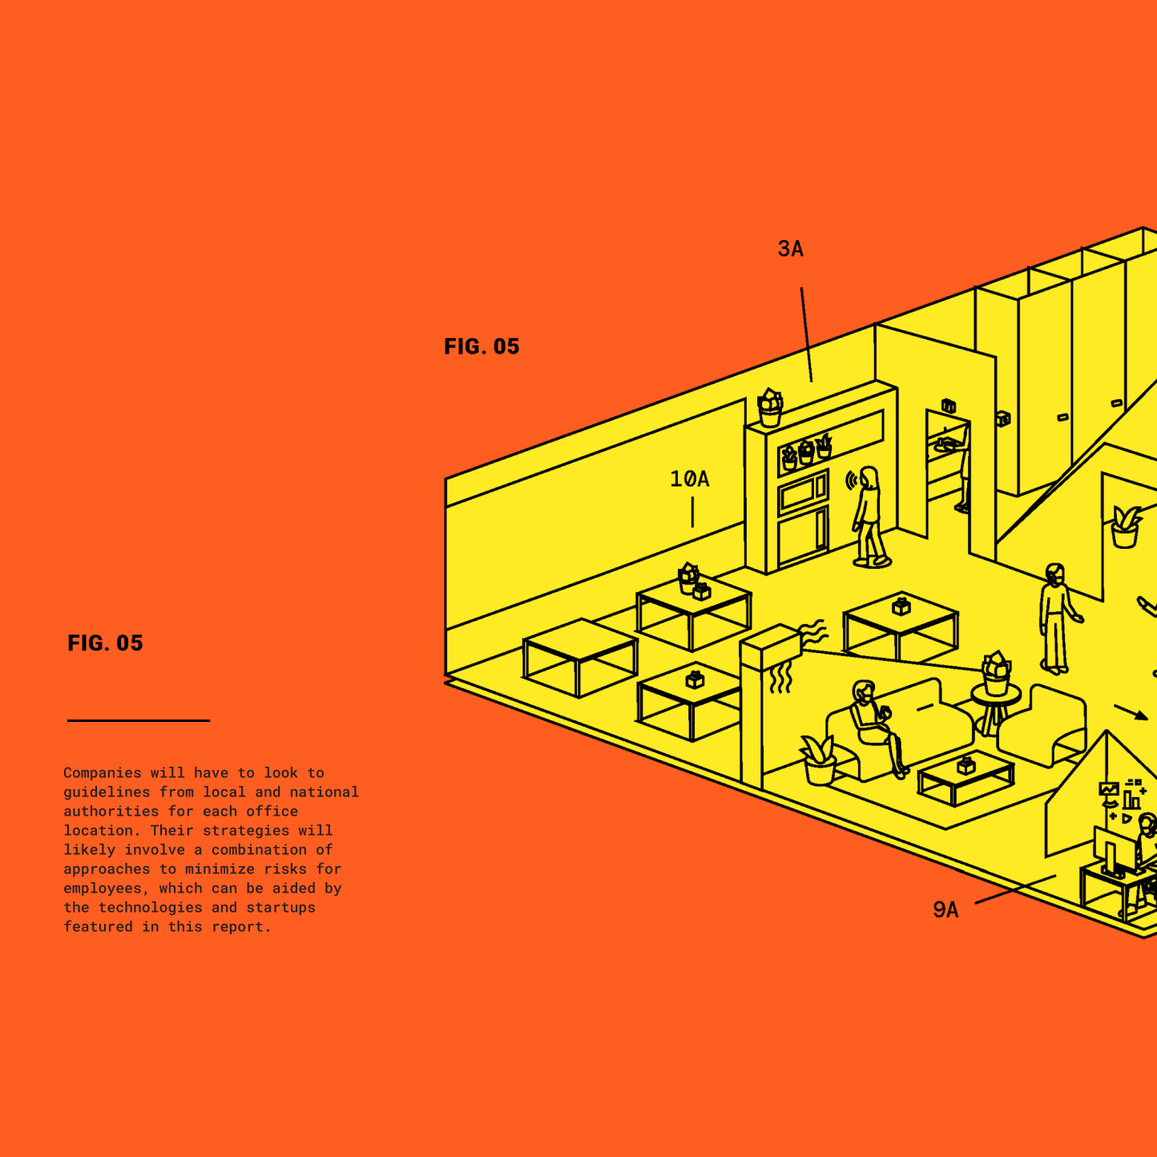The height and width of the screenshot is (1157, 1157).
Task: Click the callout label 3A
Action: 790,249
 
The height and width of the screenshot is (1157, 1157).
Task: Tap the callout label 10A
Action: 689,479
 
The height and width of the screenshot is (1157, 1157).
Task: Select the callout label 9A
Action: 945,910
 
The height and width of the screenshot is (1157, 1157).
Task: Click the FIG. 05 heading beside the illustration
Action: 482,347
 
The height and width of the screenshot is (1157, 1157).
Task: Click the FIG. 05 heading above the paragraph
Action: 105,643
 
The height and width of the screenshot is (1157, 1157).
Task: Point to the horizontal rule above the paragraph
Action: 139,720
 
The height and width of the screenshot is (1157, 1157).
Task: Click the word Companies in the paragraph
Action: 102,773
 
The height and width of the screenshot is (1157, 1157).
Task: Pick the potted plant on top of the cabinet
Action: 770,408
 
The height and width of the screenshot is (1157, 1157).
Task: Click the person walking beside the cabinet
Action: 869,517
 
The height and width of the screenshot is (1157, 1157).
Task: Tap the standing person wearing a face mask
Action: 1056,618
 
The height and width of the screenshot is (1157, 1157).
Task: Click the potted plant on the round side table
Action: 996,672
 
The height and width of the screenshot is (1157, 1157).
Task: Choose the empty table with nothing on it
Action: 579,656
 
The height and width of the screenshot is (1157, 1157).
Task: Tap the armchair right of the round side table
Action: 1046,725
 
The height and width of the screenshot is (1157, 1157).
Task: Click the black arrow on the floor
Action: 1131,712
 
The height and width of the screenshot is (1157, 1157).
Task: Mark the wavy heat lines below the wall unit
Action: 780,678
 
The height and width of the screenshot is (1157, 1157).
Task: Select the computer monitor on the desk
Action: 1111,854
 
